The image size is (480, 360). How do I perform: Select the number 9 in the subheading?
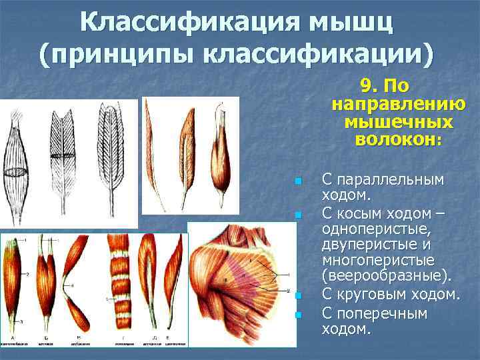[x=366, y=87]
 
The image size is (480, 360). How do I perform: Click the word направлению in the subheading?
[x=398, y=105]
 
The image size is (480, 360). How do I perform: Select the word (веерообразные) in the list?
[x=387, y=276]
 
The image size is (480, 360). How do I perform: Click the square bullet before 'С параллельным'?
[x=298, y=181]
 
